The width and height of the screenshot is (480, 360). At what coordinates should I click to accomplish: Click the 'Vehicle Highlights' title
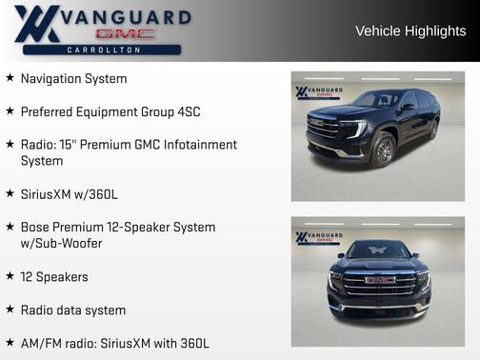pos(410,30)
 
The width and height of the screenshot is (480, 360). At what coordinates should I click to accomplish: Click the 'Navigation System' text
pos(73,78)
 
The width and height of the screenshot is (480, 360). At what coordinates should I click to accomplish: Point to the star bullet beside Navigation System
pos(10,78)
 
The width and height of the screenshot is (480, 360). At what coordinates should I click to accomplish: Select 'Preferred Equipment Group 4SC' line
pos(110,111)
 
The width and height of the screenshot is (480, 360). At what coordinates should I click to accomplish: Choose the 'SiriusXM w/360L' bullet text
pos(69,194)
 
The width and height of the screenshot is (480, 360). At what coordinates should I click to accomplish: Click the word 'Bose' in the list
pos(36,228)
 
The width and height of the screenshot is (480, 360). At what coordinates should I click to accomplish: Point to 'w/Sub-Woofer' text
pos(62,244)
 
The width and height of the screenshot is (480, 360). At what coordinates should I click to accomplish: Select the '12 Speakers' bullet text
pos(54,277)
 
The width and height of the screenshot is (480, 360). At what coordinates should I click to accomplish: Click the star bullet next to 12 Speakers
pos(10,276)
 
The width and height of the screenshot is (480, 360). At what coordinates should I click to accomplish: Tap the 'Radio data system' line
pos(73,310)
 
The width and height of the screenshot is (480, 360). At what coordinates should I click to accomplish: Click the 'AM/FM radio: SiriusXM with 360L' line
pos(115,343)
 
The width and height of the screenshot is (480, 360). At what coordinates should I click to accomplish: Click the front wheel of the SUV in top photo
pos(384,150)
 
